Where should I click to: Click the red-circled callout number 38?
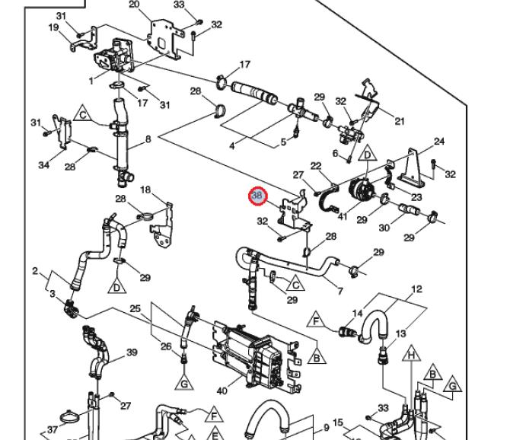click(257, 196)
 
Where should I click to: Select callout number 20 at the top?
click(134, 5)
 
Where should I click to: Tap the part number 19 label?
click(54, 28)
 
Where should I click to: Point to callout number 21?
click(400, 121)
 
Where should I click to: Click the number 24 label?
click(439, 142)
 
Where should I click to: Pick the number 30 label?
click(384, 228)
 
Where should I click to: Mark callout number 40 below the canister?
click(222, 391)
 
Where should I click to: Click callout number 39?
click(132, 352)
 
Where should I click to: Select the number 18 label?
click(145, 190)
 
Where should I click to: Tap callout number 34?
click(43, 165)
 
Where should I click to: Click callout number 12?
click(416, 289)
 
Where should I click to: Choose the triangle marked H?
click(410, 355)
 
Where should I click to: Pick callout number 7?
click(339, 291)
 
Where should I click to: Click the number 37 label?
click(52, 430)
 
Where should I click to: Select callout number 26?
click(166, 347)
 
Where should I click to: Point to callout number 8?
click(148, 139)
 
